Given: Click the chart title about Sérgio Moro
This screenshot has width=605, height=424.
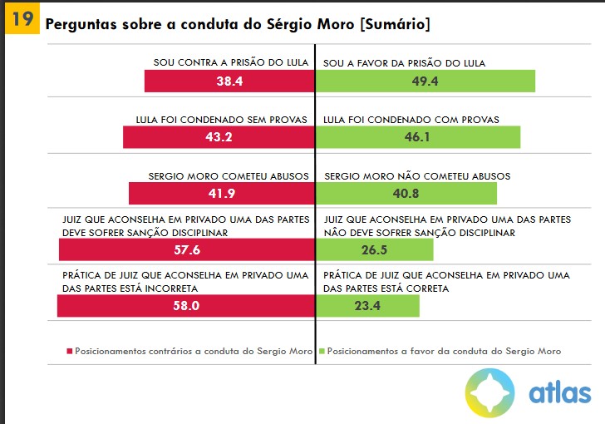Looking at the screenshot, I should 238,24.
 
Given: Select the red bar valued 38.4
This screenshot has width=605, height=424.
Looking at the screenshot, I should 229,81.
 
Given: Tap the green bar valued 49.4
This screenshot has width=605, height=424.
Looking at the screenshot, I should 425,81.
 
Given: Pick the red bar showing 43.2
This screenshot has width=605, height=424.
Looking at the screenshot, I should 219,137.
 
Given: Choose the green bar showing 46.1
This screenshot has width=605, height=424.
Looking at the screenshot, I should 417,137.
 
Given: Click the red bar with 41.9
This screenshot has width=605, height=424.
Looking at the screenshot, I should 222,193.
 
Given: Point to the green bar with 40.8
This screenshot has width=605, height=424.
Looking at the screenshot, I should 406,193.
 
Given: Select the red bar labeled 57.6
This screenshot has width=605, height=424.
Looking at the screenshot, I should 187,250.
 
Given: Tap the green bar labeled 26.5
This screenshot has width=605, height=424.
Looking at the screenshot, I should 375,250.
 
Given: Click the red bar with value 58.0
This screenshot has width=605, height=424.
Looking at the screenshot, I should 186,305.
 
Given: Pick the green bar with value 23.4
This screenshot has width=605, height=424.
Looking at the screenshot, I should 368,305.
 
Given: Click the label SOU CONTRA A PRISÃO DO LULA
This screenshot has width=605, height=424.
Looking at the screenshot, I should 231,63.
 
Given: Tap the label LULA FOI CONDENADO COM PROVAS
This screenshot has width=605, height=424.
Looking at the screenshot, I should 411,120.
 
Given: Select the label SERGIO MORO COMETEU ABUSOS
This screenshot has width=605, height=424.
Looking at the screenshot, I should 229,176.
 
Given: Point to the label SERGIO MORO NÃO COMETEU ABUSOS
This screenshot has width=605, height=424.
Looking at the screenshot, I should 417,176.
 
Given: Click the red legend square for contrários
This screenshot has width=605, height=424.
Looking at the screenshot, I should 70,352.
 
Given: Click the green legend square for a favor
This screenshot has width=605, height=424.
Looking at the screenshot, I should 321,352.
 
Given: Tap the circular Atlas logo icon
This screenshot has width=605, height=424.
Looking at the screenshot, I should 489,392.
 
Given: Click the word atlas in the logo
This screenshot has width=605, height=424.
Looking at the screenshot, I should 559,393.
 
